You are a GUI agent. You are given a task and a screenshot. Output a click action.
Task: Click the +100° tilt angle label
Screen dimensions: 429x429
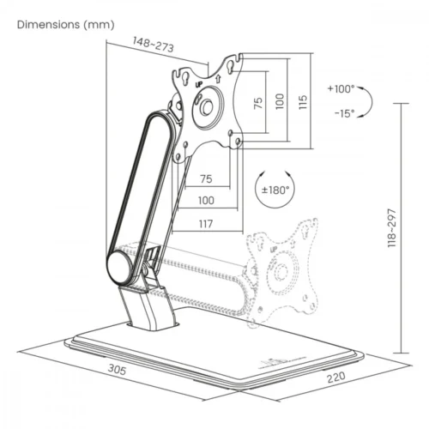coord(341,88)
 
